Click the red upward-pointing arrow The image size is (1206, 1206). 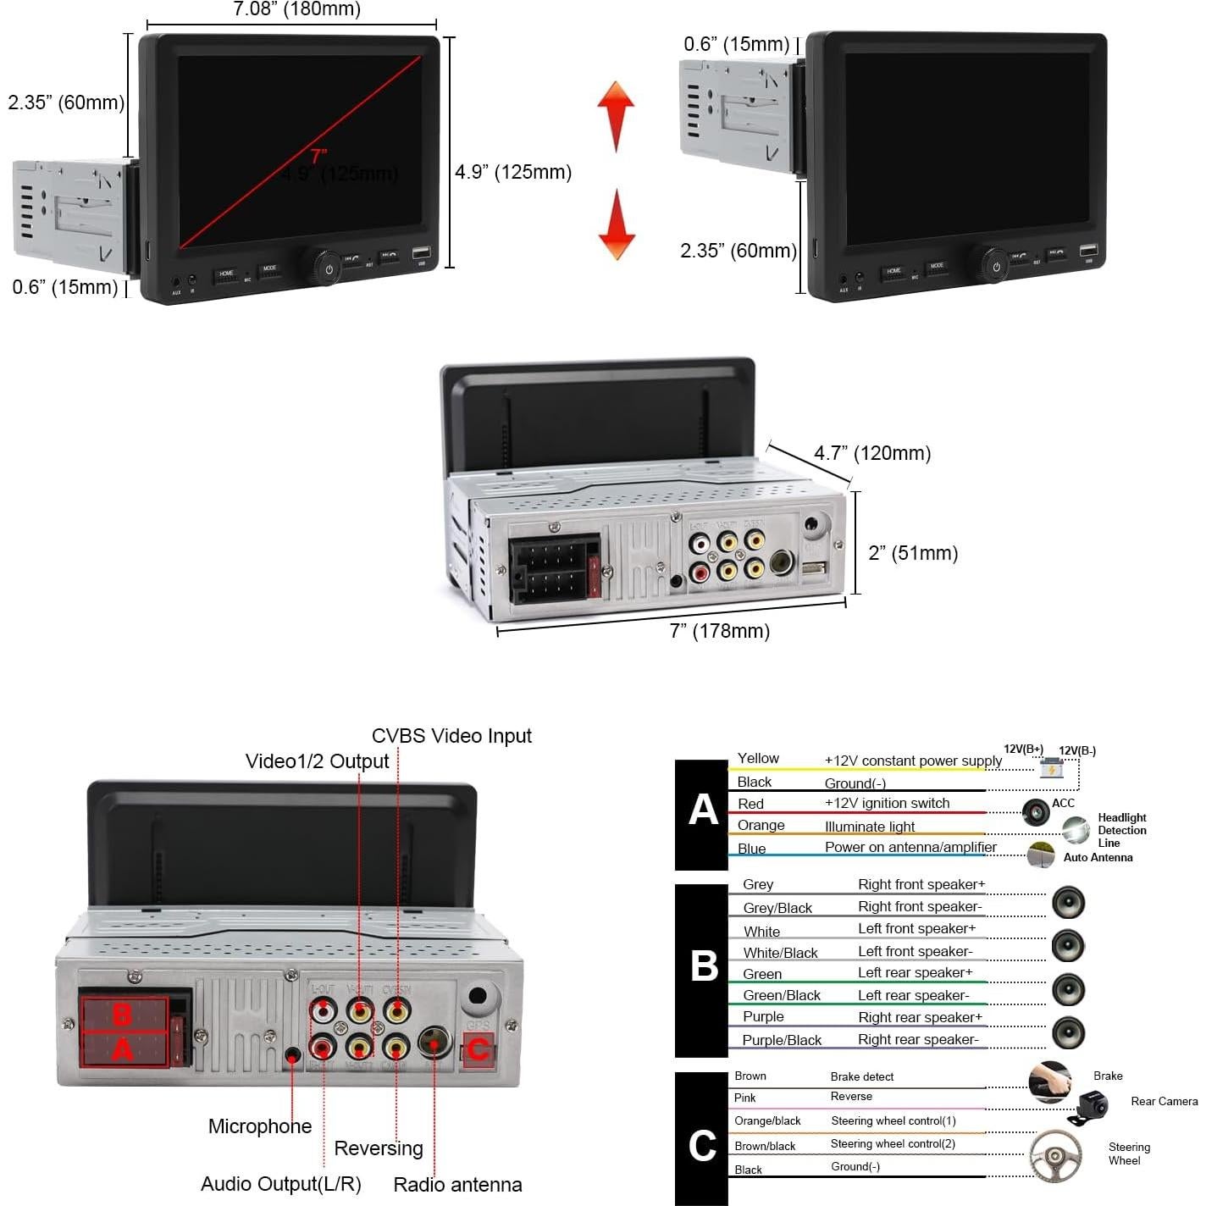point(616,114)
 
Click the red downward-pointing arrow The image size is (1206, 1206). point(617,226)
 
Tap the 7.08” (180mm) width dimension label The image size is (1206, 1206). point(296,9)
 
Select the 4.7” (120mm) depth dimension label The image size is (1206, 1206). point(872,453)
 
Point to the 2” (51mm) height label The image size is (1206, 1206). point(913,553)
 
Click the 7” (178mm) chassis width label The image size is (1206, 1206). point(720,631)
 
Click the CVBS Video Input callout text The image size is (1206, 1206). point(451,736)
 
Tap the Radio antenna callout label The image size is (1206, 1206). point(457,1184)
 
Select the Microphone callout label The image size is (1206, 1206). point(260,1126)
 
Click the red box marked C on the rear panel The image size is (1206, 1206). point(478,1050)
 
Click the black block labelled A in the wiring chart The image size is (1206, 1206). point(702,814)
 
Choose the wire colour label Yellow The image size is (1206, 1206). point(758,758)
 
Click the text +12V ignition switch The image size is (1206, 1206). point(887,803)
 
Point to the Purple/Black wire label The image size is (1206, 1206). point(782,1040)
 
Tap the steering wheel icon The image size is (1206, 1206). point(1054,1155)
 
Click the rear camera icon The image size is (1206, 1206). point(1092,1105)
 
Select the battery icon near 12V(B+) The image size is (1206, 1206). point(1051,767)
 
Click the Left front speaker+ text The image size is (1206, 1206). point(916,928)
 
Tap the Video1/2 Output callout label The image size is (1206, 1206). point(317,761)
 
